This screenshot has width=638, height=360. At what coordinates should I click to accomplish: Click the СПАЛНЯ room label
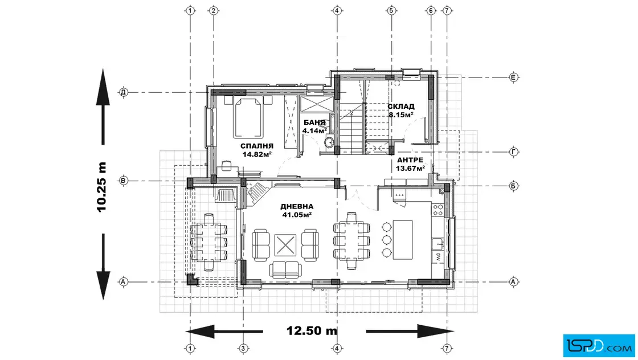pos(257,146)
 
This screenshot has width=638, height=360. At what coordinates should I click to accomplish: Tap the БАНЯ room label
pos(314,122)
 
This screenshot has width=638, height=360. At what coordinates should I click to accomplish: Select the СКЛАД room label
pos(401,107)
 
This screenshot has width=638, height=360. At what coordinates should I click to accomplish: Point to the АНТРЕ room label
pos(410,160)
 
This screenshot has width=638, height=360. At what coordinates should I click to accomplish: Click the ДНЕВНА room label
pos(297,207)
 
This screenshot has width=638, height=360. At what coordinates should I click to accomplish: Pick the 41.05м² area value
pos(297,215)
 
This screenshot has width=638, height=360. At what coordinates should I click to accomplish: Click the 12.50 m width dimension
pos(312,331)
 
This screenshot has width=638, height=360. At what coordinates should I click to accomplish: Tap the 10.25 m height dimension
pos(102,187)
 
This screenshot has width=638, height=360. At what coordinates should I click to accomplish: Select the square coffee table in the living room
pos(285,246)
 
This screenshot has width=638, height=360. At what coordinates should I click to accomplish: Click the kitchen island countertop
pos(403,240)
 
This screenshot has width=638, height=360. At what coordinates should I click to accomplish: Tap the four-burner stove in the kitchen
pos(438,210)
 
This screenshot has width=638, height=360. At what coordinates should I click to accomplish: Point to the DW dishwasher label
pos(438,257)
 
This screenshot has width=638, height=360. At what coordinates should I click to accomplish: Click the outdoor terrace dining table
pos(208,243)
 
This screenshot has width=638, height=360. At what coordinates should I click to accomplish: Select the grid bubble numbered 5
pos(391,11)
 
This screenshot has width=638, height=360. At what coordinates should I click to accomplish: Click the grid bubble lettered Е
pos(513,77)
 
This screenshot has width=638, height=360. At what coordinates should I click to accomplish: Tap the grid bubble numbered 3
pos(243,348)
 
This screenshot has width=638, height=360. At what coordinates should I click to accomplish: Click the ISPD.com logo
pos(599,346)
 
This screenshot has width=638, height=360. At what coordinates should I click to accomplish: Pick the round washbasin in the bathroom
pos(329,142)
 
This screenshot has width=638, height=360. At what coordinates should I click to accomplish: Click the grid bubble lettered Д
pos(123,92)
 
